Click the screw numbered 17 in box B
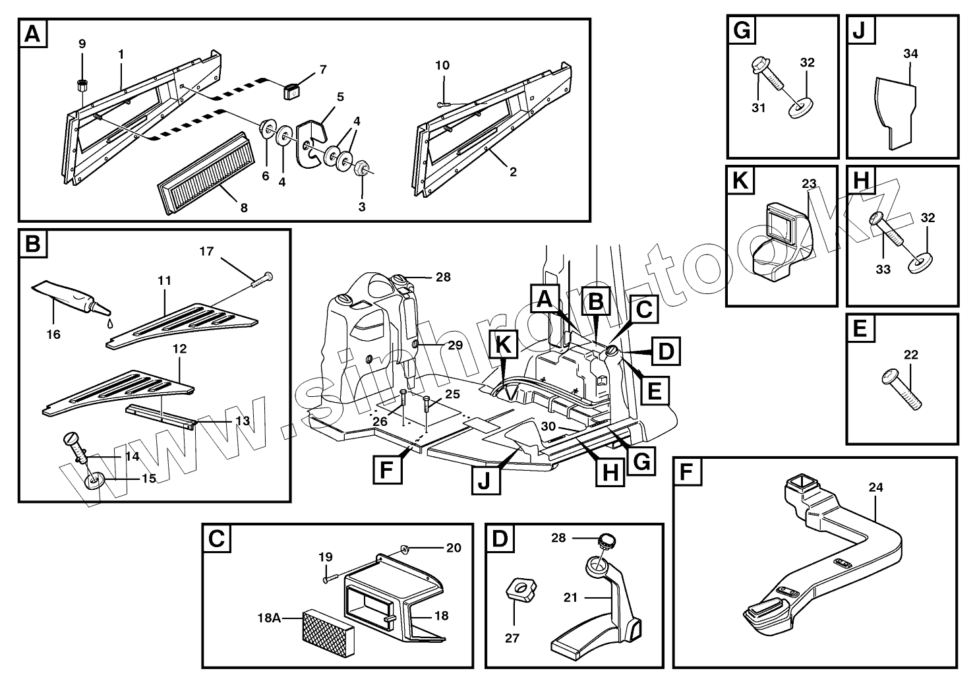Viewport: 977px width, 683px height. [x=262, y=280]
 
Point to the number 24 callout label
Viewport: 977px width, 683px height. [x=875, y=488]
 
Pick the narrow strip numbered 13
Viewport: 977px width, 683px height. [x=162, y=417]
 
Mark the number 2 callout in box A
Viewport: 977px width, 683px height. [x=512, y=173]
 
